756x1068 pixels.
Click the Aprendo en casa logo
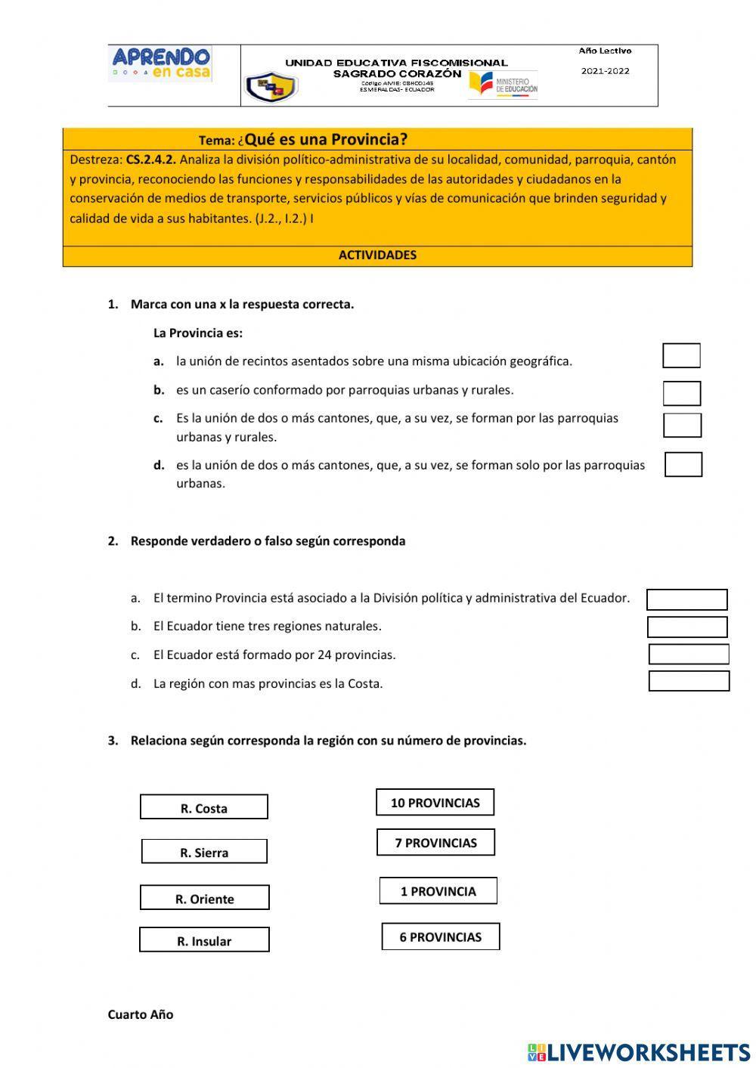click(161, 63)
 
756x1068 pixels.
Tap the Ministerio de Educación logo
click(503, 84)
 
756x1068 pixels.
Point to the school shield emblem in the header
click(270, 87)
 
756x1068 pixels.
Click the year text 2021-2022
click(605, 71)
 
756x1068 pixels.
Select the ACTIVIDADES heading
click(377, 255)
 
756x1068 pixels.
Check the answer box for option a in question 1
click(681, 355)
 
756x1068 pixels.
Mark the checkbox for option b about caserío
click(682, 393)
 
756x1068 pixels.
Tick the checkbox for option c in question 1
click(682, 425)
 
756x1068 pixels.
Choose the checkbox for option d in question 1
click(683, 464)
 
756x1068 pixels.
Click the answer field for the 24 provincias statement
click(689, 655)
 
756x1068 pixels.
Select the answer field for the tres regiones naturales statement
click(687, 627)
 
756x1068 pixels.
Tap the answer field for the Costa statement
click(689, 681)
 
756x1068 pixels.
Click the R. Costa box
click(204, 807)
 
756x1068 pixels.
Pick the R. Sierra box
click(204, 852)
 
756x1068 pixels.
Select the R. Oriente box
click(205, 898)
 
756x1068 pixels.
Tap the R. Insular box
click(204, 940)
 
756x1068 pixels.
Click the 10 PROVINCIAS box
click(435, 803)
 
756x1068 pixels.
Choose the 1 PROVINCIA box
click(438, 891)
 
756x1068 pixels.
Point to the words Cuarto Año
click(141, 1014)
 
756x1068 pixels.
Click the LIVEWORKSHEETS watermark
click(639, 1051)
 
